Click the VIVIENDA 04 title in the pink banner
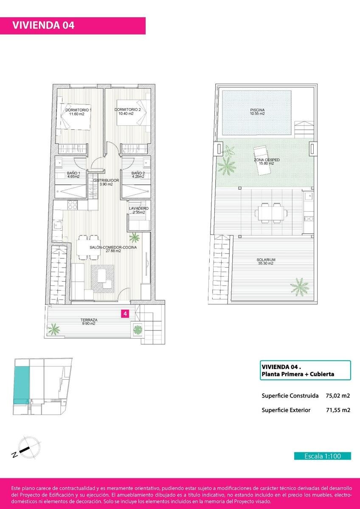tap(43, 25)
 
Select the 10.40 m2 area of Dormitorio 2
tap(126, 114)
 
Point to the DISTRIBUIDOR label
tap(106, 180)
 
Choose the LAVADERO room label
tap(139, 208)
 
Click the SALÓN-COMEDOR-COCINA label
tap(113, 247)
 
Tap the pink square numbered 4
tap(125, 313)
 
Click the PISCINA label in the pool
tap(257, 110)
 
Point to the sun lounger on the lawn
tap(262, 160)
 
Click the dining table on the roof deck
tap(270, 213)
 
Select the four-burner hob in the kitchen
tap(73, 205)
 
